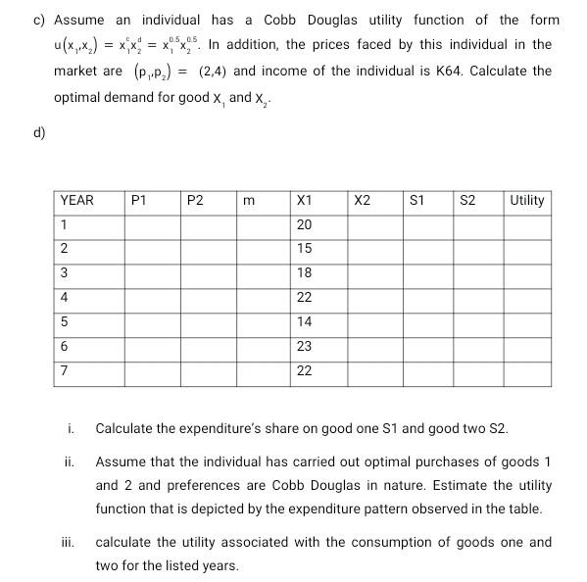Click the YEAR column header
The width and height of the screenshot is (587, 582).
point(77,201)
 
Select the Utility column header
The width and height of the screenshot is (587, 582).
point(526,201)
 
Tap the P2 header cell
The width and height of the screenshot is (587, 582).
point(195,201)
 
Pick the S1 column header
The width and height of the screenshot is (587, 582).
point(416,201)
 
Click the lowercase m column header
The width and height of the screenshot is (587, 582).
point(249,201)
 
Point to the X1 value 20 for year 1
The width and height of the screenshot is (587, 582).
point(304,225)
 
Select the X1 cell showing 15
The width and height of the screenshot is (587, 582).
point(304,249)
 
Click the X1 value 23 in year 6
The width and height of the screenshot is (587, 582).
point(304,346)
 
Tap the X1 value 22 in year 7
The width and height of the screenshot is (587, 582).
point(304,370)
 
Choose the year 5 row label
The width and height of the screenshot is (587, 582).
point(65,321)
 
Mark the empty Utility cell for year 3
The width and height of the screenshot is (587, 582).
point(527,273)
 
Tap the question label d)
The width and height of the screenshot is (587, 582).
point(40,132)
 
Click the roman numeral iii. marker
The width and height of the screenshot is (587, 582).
point(69,542)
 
